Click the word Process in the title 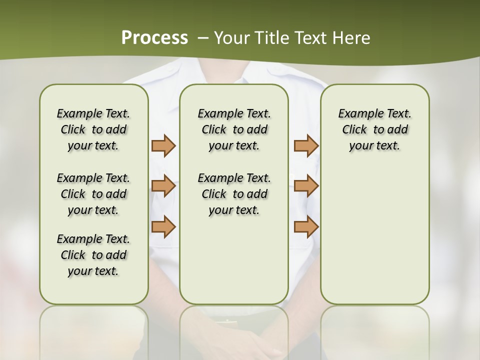pyautogui.click(x=154, y=38)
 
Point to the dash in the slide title pyautogui.click(x=202, y=38)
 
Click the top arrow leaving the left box pyautogui.click(x=163, y=146)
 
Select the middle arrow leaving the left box pyautogui.click(x=163, y=186)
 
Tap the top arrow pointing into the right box pyautogui.click(x=306, y=146)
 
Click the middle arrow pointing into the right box pyautogui.click(x=306, y=186)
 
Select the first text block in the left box pyautogui.click(x=93, y=129)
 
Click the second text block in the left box pyautogui.click(x=93, y=194)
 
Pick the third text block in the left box pyautogui.click(x=93, y=255)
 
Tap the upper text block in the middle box pyautogui.click(x=234, y=129)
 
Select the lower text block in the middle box pyautogui.click(x=234, y=194)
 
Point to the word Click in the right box pyautogui.click(x=354, y=130)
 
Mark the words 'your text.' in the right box pyautogui.click(x=374, y=146)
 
